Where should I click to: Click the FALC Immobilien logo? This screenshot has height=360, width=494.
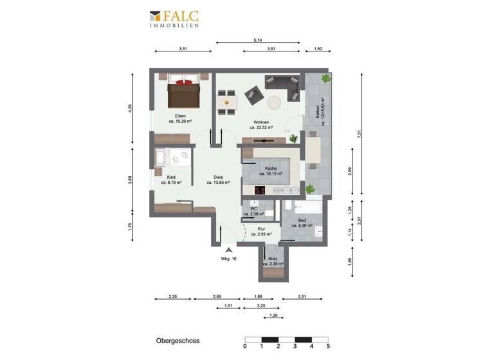click(174, 19)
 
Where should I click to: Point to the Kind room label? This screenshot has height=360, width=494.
click(171, 179)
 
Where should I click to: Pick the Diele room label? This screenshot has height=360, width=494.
click(218, 179)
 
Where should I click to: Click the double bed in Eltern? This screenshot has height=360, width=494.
click(183, 93)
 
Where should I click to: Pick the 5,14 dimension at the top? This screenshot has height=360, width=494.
click(257, 40)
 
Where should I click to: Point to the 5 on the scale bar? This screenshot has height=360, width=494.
click(328, 346)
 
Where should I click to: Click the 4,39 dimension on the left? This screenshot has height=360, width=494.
click(131, 109)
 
